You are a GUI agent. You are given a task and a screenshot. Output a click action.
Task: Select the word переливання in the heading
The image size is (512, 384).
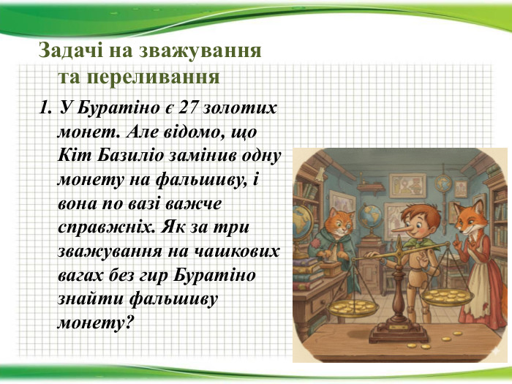point(154,77)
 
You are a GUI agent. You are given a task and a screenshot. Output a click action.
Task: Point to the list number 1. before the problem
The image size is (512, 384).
point(45,108)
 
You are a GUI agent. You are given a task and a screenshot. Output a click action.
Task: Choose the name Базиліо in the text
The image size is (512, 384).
point(130,155)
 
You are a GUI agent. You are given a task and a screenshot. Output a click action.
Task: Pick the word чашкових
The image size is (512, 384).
point(240,252)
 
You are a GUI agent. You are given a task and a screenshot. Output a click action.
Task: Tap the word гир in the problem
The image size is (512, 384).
point(153,276)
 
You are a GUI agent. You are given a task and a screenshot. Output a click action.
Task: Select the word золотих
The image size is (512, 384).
point(239,108)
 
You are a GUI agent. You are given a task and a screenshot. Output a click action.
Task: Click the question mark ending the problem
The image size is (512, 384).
point(129,323)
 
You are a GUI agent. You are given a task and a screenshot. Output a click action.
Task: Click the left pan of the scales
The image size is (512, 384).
point(353,309)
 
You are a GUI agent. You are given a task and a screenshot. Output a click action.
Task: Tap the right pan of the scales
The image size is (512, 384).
point(447,297)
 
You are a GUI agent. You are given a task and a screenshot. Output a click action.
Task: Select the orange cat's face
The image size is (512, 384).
point(340,223)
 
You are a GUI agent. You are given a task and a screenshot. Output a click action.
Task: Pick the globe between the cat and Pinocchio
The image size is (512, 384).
point(372,217)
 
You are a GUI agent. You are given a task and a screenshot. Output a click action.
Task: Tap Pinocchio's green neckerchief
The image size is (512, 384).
point(419,244)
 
